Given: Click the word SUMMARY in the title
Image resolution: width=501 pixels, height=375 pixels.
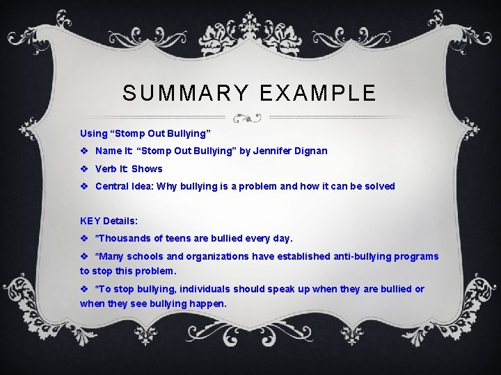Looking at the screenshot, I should point(183,93).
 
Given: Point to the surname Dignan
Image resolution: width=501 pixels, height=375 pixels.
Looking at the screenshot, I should point(312,151).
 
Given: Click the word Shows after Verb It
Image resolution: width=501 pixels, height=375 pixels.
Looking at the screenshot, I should point(147,169).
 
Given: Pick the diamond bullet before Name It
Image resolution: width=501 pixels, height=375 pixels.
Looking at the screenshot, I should point(84,151).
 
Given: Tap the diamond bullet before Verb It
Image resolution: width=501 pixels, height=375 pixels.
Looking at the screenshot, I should point(84,169).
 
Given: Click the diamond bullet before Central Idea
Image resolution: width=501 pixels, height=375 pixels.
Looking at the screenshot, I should point(84,186).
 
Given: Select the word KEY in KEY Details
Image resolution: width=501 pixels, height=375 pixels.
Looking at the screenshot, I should point(90,221).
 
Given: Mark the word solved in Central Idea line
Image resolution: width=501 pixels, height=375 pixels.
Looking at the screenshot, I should point(379,186).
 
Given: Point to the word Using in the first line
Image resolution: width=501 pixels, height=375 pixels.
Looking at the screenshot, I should point(94,133).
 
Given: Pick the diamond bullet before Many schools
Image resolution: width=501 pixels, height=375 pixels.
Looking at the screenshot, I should point(84,256).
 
